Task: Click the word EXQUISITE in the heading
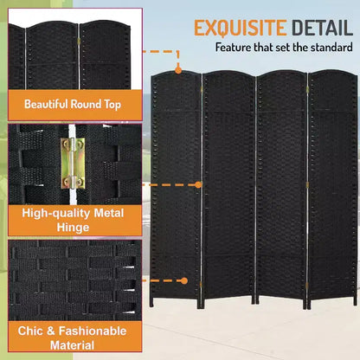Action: (241, 28)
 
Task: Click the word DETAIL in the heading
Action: (322, 28)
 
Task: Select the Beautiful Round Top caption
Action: (73, 104)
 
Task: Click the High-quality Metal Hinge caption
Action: (73, 221)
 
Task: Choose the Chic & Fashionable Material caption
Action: (73, 337)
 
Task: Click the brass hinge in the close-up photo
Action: (73, 163)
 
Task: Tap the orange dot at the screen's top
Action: (178, 70)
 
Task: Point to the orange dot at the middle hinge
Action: (198, 184)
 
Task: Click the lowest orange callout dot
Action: (184, 280)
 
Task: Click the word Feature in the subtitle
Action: (234, 47)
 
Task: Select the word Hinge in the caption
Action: (73, 228)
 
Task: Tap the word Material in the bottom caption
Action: (72, 345)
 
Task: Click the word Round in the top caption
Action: (86, 104)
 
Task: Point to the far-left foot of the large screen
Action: (151, 302)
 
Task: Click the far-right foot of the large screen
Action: (355, 300)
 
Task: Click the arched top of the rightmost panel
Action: (333, 72)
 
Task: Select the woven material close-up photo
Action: (75, 280)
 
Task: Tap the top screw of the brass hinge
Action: (67, 143)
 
